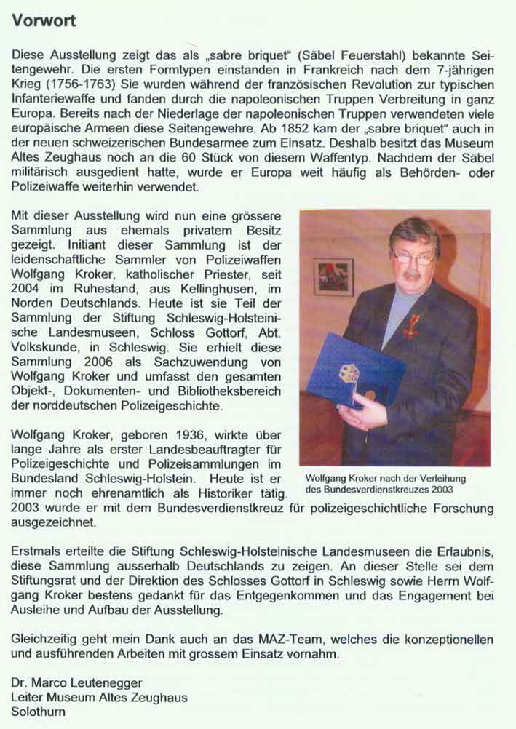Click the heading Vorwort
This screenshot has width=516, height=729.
pyautogui.click(x=43, y=21)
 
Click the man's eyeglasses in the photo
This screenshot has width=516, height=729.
pyautogui.click(x=413, y=255)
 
